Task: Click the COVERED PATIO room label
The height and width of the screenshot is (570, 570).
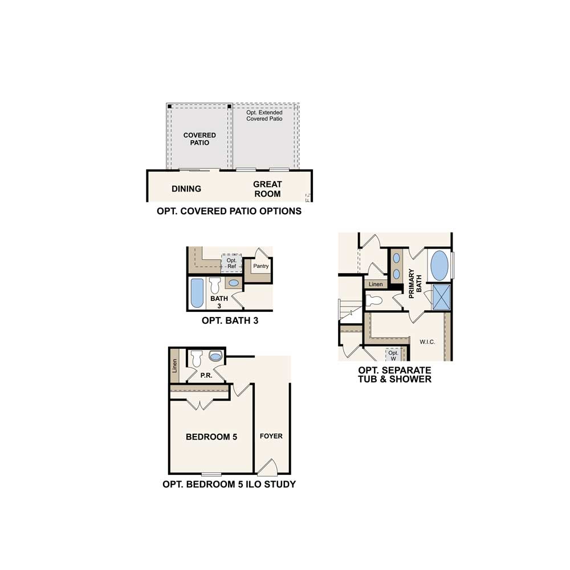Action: tap(199, 139)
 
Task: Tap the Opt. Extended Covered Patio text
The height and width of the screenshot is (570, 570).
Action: tap(264, 116)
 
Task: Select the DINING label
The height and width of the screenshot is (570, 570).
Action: tap(186, 189)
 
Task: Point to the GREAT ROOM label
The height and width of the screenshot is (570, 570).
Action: tap(267, 189)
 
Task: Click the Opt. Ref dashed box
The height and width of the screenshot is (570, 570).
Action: tap(231, 262)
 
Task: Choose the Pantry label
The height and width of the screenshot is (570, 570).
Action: tap(261, 266)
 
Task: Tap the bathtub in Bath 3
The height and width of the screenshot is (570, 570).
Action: tap(197, 293)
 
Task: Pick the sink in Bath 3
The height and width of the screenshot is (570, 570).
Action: tap(234, 283)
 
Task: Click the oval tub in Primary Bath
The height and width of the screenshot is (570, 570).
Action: tap(439, 266)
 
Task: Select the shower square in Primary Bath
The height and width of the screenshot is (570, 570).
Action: tap(442, 298)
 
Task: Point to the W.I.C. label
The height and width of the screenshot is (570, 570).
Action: tap(427, 341)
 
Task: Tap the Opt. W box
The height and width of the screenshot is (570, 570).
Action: tap(393, 355)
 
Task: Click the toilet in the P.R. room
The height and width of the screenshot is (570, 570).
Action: tap(197, 359)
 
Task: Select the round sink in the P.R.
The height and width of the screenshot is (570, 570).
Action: tap(215, 356)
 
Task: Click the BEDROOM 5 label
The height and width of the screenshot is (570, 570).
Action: tap(211, 437)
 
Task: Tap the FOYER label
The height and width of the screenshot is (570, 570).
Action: tap(271, 436)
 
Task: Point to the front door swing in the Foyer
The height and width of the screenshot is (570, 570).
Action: tap(268, 467)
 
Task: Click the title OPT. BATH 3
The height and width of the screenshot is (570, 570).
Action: tap(230, 320)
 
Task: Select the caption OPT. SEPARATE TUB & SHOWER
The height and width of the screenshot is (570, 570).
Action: tap(395, 374)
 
